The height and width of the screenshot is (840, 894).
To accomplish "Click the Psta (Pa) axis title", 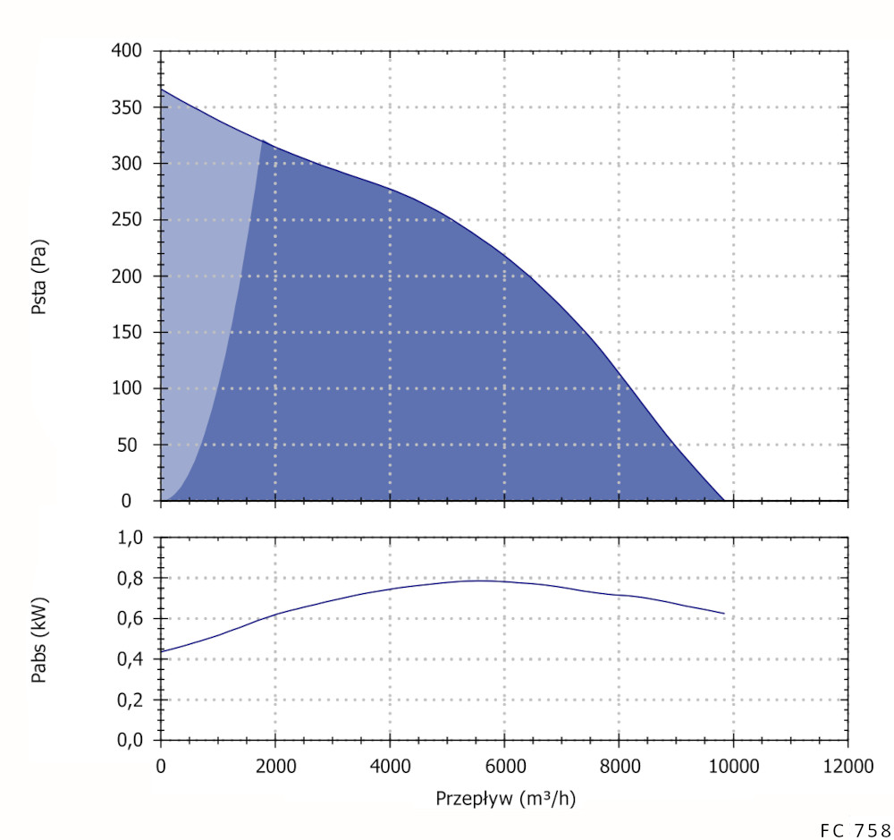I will point(39,276).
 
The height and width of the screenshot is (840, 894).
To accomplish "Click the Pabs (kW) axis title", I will point(39,639).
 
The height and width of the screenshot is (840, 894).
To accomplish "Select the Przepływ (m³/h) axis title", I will point(505,798).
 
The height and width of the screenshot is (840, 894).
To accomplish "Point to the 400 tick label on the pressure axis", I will point(128,51).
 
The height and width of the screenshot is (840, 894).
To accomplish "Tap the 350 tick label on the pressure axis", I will point(128,107).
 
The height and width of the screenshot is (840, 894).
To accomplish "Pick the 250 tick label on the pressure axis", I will point(128,220).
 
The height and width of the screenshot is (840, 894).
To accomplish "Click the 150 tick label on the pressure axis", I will point(128,333).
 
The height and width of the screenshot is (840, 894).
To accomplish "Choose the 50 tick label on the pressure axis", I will point(132,445).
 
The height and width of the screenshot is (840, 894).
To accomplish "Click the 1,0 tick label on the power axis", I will point(132,539).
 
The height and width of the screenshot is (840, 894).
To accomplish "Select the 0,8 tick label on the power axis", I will point(132,579).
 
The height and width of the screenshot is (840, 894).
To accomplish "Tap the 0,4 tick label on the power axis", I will point(132,659).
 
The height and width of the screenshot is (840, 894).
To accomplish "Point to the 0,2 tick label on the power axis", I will point(132,700).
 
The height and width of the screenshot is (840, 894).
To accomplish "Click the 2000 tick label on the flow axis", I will point(274,768).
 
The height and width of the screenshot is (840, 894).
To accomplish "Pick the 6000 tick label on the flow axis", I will point(504,768).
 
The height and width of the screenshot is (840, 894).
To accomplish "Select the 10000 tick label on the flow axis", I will point(733,768).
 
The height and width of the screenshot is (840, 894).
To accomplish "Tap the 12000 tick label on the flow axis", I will point(848,768).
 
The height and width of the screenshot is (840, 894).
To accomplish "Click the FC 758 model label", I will point(855,829).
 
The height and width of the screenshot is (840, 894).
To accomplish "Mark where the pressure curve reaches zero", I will point(724,501).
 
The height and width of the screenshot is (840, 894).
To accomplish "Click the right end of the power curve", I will point(724,614).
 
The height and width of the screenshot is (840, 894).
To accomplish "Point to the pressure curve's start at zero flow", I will point(161,89).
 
